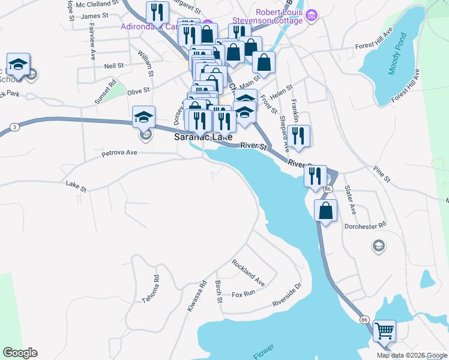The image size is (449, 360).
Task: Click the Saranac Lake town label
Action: pos(203,137)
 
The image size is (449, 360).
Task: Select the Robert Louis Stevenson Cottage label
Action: pos(280,16)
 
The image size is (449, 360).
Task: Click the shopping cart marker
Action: pos(384,331)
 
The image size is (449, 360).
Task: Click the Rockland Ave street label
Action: pos(248,272)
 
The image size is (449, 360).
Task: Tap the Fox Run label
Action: pos(244,294)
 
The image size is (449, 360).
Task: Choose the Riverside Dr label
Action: pos(286,294)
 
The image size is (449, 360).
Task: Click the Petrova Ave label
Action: pos(119,152)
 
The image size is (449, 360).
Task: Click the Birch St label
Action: pos(218,291)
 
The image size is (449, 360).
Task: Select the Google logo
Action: pos(20,353)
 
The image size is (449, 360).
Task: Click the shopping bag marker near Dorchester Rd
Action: pos(325,212)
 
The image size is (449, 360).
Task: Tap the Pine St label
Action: pos(381,175)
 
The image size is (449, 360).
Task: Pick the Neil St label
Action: pos(113,65)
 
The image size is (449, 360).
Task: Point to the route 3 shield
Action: pos(13,127)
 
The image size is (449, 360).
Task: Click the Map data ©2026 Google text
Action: pos(411,355)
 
